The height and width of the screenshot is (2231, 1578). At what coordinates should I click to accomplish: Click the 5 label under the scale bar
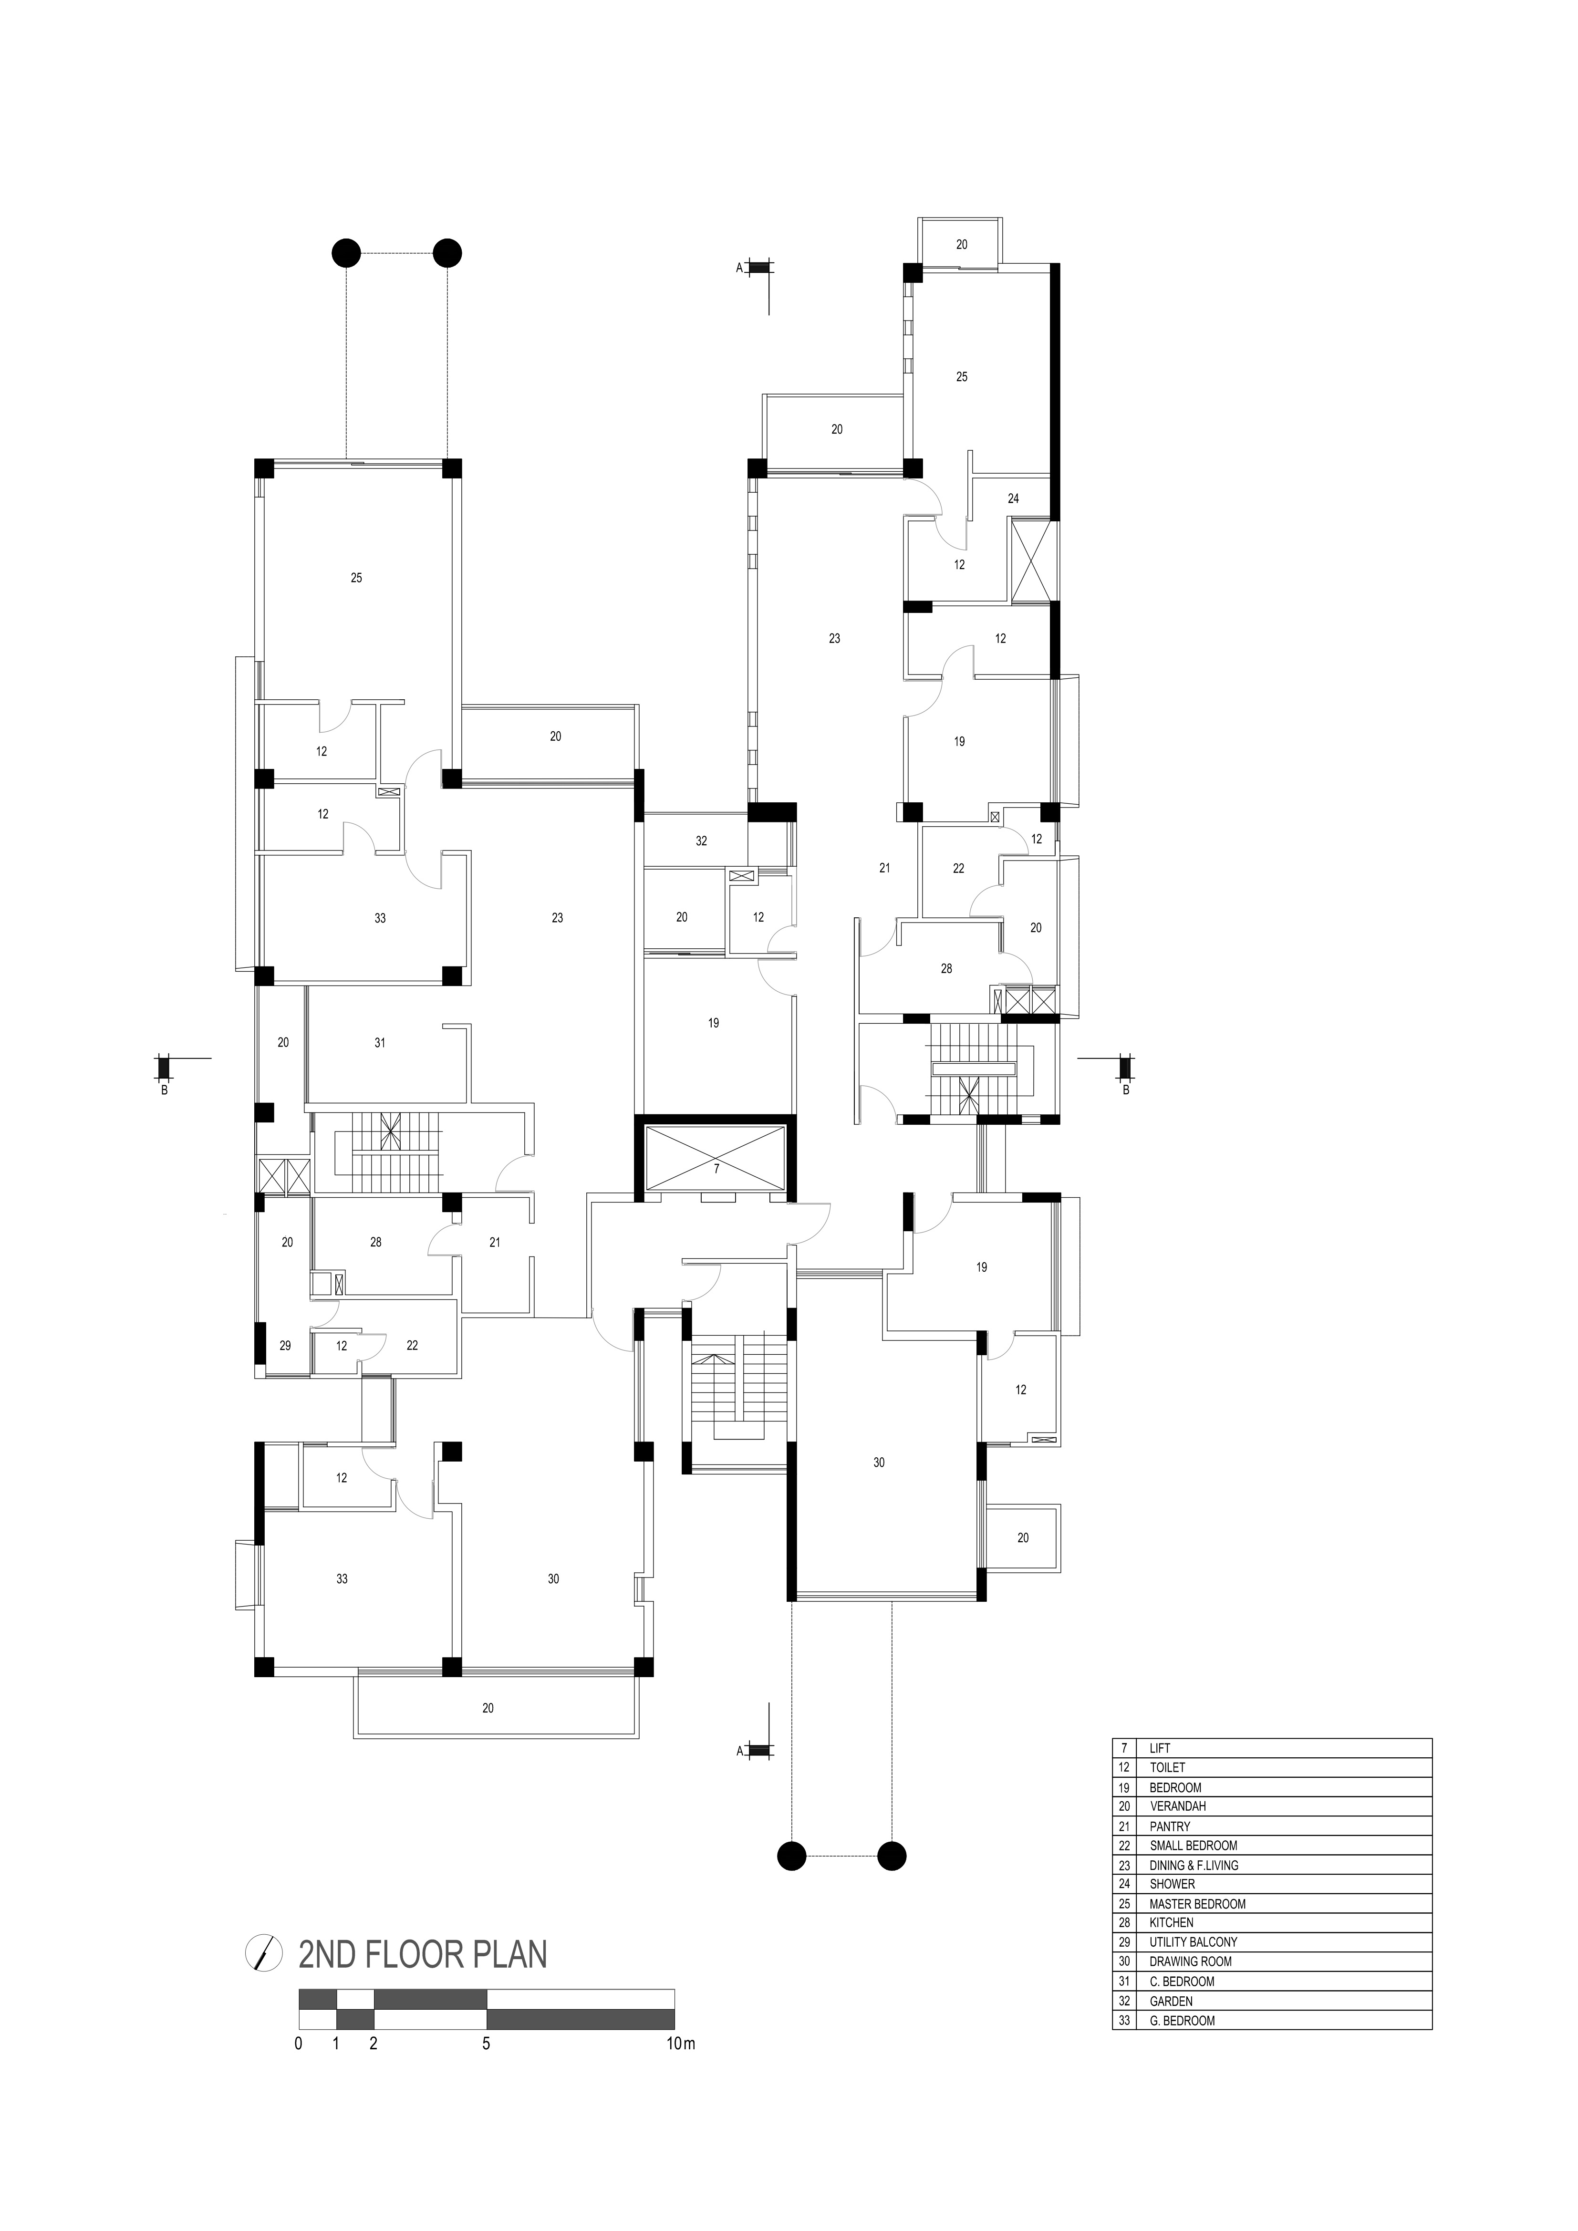click(486, 2044)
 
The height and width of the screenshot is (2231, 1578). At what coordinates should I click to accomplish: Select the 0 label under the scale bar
click(298, 2044)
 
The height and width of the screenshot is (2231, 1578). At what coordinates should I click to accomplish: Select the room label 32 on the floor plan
click(702, 841)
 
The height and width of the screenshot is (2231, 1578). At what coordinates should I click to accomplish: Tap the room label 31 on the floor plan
click(380, 1043)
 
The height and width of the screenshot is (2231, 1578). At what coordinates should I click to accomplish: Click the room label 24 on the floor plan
click(1014, 498)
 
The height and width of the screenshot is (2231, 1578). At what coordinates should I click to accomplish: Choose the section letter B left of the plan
click(164, 1090)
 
